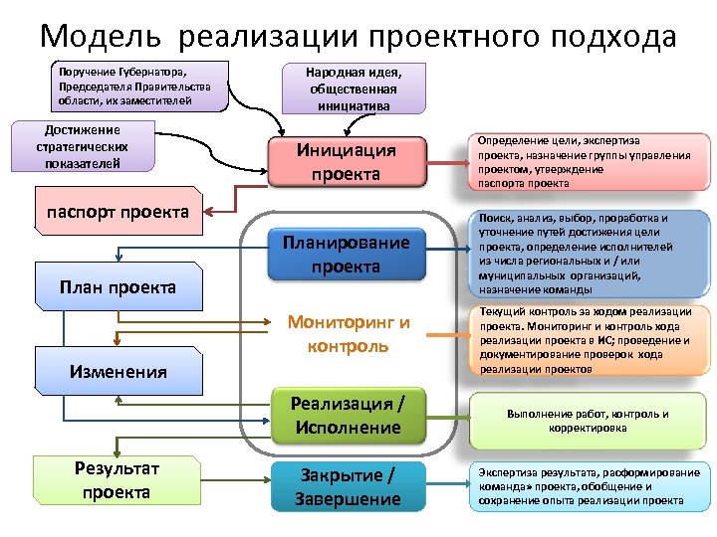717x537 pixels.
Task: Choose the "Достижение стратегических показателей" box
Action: point(82,146)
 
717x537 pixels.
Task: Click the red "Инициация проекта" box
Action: point(347,162)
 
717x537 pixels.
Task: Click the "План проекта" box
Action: point(118,286)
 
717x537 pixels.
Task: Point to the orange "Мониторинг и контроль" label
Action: point(348,334)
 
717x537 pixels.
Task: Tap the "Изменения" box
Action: point(118,371)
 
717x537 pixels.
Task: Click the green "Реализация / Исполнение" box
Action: point(347,415)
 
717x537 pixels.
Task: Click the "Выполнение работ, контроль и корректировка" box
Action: point(587,421)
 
